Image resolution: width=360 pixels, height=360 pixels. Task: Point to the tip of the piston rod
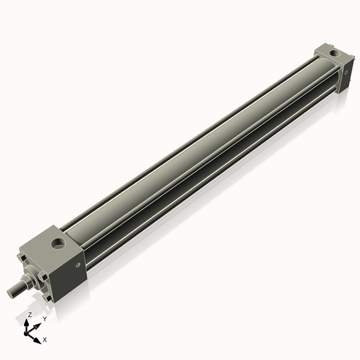(11, 293)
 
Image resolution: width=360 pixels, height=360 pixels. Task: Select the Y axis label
(44, 319)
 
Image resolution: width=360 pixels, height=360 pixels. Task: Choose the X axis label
(44, 340)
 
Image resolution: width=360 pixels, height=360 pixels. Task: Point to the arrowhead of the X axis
(37, 337)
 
